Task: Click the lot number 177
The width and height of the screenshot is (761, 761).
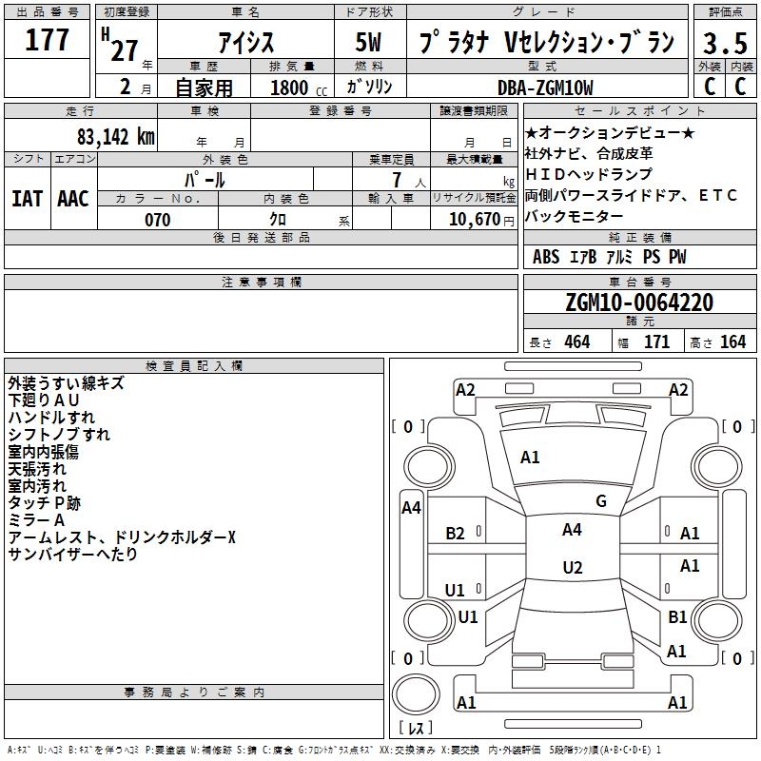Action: point(47,39)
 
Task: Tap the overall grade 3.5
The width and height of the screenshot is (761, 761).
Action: point(725,43)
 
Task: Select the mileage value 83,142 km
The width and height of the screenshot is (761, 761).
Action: point(115,137)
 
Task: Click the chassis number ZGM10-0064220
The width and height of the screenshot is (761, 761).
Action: point(639,302)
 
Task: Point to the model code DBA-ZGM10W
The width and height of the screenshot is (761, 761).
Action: point(545,88)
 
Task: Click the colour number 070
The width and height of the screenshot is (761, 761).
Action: point(158,220)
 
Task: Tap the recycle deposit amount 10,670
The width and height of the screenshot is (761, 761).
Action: point(474,220)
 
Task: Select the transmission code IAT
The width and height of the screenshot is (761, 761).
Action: point(28,199)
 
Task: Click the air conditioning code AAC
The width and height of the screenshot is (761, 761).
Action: point(73,199)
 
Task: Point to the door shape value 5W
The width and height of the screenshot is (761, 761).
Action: point(368,42)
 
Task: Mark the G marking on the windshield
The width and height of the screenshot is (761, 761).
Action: point(601,501)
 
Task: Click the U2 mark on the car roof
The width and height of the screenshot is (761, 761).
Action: point(573,567)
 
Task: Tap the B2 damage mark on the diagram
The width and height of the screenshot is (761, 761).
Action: point(455,534)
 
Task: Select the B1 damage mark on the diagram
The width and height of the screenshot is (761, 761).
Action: point(677,616)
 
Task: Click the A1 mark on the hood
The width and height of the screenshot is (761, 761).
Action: point(530,458)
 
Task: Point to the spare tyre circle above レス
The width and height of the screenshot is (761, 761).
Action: point(416,694)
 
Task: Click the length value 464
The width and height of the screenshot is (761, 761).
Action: point(577,342)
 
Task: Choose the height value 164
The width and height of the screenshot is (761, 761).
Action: point(732,342)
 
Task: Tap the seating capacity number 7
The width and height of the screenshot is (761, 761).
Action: point(397,180)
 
